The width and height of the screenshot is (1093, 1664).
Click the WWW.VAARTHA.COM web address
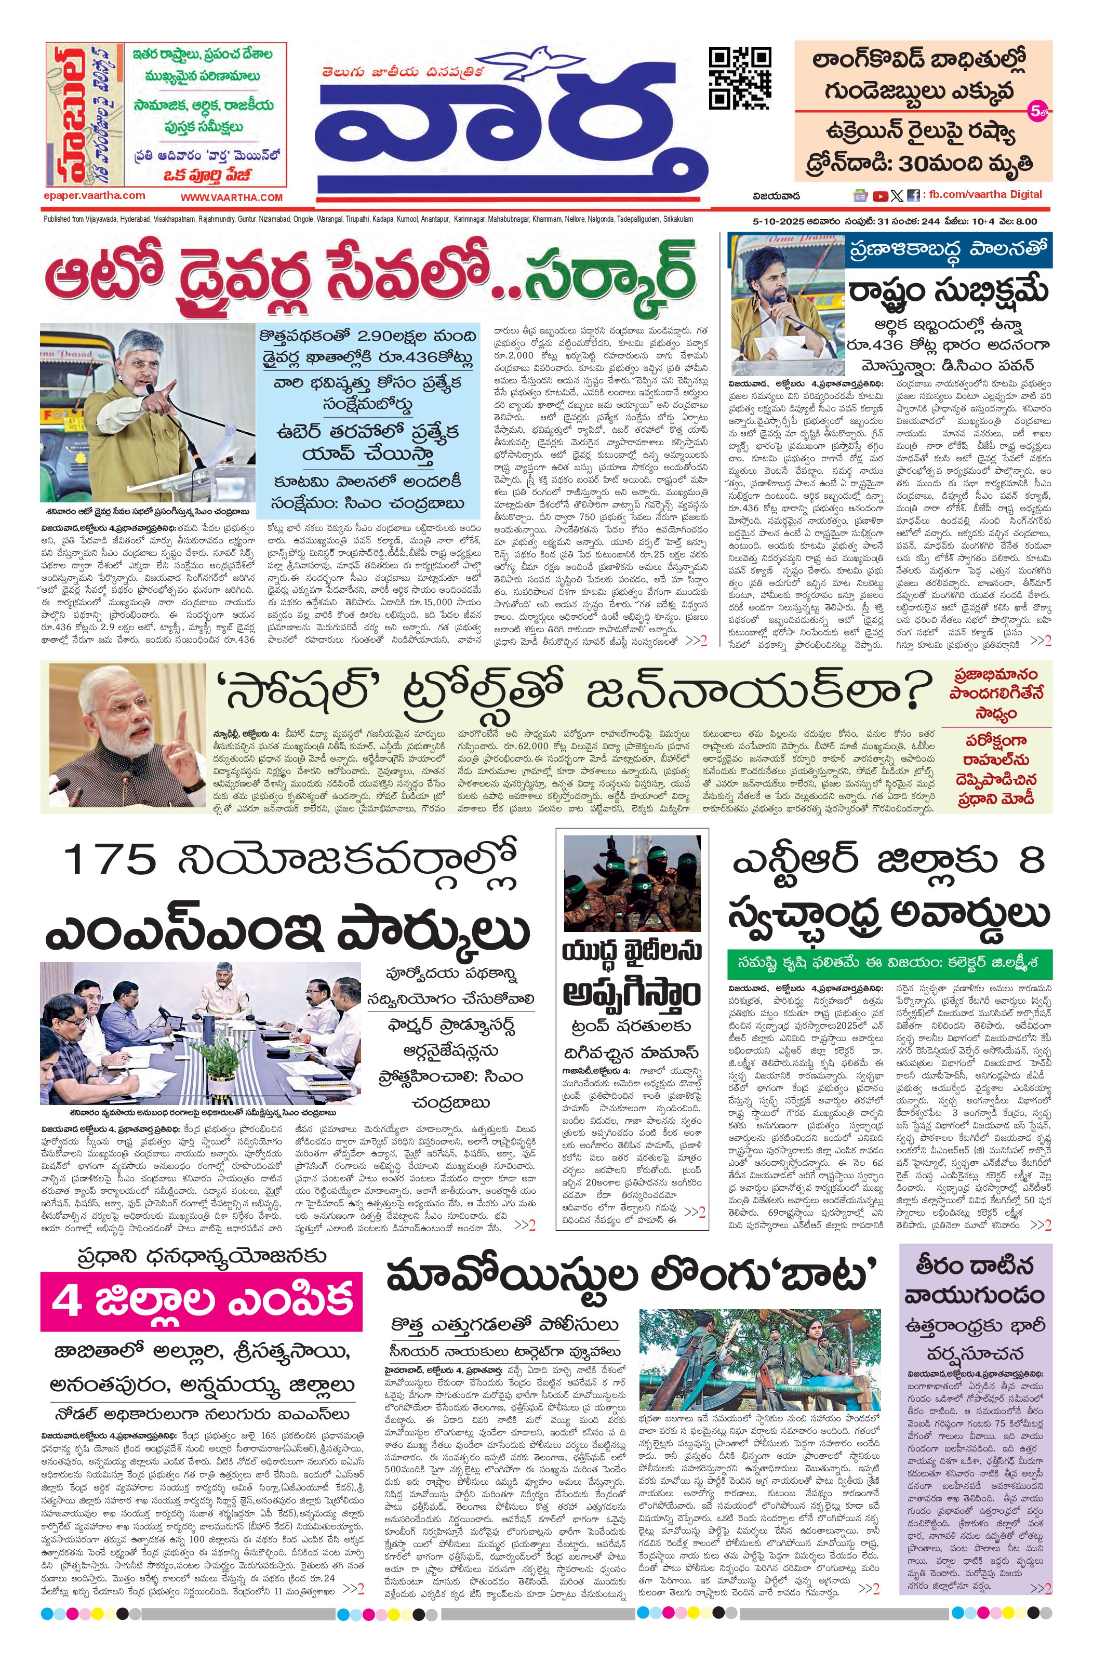pyautogui.click(x=232, y=198)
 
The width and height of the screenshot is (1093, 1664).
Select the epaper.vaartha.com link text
pyautogui.click(x=95, y=196)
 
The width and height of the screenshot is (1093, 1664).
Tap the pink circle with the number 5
pyautogui.click(x=1035, y=111)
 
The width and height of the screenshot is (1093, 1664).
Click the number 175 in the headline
pyautogui.click(x=109, y=861)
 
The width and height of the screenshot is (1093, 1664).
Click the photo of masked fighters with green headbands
pyautogui.click(x=632, y=883)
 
